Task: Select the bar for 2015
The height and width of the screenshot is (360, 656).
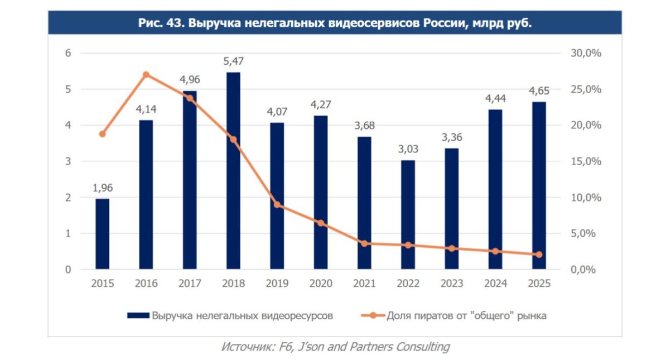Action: coord(102,234)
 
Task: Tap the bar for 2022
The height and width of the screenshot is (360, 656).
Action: coord(408,215)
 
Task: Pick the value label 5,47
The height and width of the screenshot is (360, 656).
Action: coord(233,61)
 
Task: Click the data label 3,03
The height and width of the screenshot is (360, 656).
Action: coord(408,150)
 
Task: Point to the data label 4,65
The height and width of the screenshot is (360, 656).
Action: coord(538,91)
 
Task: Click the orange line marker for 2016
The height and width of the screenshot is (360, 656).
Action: coord(146,74)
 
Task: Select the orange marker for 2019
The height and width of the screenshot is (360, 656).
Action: coord(277,205)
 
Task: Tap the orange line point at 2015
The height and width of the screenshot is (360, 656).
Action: coord(102,134)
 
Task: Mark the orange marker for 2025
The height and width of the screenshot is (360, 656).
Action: coord(538,255)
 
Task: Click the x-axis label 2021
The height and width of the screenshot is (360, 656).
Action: coord(364,284)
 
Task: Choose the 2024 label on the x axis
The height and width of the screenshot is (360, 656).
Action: coord(495,284)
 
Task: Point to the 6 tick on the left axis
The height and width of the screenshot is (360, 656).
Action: coord(68,53)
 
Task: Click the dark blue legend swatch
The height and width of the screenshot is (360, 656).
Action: coord(138,316)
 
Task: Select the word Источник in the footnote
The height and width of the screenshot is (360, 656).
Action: coord(245,347)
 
